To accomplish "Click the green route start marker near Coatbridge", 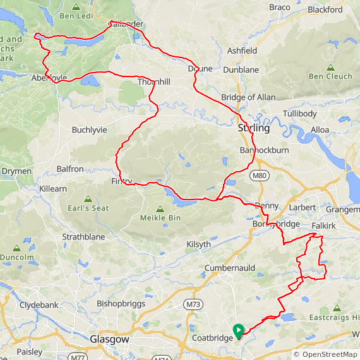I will [x=239, y=330].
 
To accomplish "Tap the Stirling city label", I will [x=253, y=128].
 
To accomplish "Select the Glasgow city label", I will [x=110, y=339].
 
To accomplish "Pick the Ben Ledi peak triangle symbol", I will [x=76, y=7].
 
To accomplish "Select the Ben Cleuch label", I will [x=330, y=76].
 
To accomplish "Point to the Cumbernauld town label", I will [x=229, y=268].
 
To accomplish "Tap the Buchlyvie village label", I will [x=90, y=129].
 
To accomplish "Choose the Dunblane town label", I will [x=241, y=69].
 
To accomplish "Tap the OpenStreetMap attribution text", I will [x=325, y=354].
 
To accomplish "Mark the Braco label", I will [x=280, y=7].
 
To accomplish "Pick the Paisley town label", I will [x=30, y=351].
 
